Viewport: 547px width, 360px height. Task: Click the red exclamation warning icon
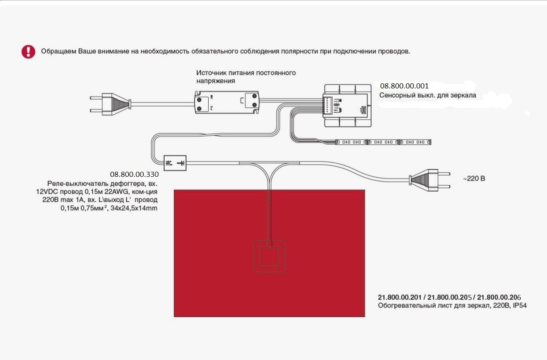coord(28,52)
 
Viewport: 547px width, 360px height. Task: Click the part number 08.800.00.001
coord(404,85)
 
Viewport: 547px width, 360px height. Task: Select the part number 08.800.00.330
coord(134,174)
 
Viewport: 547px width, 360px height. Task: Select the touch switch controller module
coord(348,105)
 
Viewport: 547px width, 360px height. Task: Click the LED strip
coord(383,142)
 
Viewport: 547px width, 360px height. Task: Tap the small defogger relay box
coord(175,163)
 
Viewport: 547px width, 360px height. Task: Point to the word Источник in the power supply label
coord(211,72)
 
